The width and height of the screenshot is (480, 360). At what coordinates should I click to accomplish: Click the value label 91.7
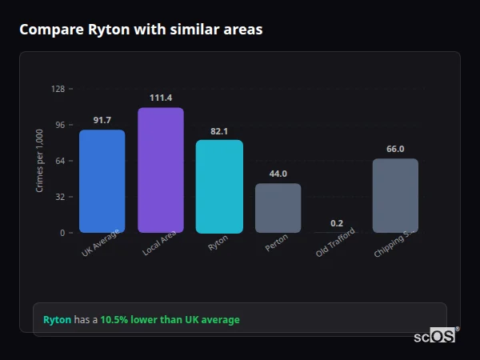(x=102, y=120)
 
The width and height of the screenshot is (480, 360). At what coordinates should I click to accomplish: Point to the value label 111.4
(x=161, y=98)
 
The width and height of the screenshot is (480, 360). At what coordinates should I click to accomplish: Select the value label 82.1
(x=219, y=130)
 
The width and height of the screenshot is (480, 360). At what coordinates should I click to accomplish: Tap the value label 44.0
(x=278, y=174)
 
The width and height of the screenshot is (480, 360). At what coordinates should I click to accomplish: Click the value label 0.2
(x=337, y=223)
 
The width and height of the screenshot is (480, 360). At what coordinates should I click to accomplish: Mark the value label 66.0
(x=395, y=149)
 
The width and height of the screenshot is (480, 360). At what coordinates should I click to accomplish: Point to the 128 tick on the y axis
(x=58, y=89)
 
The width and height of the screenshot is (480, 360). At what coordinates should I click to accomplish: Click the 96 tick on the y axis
(x=59, y=125)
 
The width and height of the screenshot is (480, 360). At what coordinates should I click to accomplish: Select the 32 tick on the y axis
(x=59, y=197)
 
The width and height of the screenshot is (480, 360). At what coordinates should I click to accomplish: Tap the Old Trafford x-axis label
(x=336, y=243)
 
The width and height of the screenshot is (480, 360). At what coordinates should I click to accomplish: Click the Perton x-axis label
(x=277, y=243)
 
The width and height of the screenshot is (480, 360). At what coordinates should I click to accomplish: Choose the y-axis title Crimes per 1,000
(x=39, y=162)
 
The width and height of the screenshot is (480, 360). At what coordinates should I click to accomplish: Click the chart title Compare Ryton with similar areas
(x=141, y=30)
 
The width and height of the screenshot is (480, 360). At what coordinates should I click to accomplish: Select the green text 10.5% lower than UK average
(x=170, y=320)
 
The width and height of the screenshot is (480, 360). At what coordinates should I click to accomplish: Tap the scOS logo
(x=435, y=336)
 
